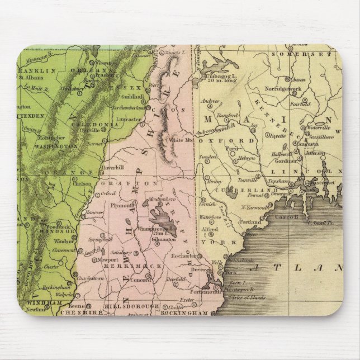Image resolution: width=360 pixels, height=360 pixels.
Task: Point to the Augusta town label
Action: pos(309,144)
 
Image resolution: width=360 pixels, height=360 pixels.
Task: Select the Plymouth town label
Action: pos(122,205)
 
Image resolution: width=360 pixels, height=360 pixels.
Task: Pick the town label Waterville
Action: pos(323,129)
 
